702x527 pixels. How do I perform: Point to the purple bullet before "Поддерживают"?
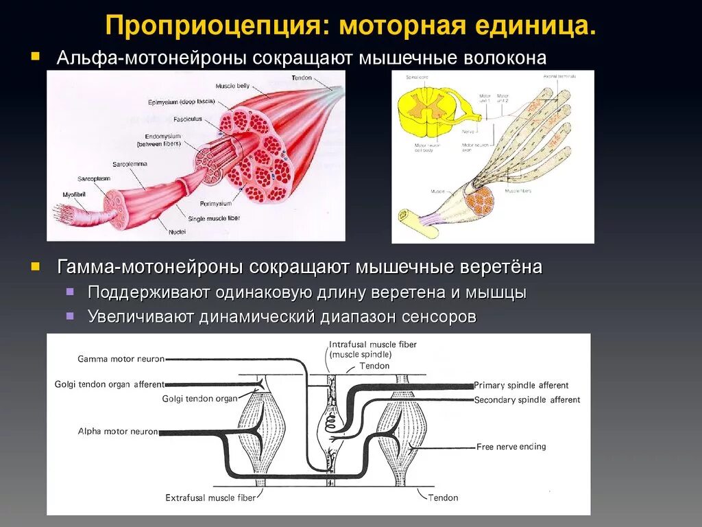coord(70,292)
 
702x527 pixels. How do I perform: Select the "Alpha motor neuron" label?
coord(118,432)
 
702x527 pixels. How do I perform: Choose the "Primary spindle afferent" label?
coord(521,386)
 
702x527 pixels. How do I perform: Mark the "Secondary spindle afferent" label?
coord(526,400)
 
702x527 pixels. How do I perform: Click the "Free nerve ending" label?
coord(511,447)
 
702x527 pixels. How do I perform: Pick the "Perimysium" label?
coord(216,204)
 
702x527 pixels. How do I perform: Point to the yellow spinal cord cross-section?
coord(426,110)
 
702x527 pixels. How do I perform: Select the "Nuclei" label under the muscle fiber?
coord(177,232)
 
